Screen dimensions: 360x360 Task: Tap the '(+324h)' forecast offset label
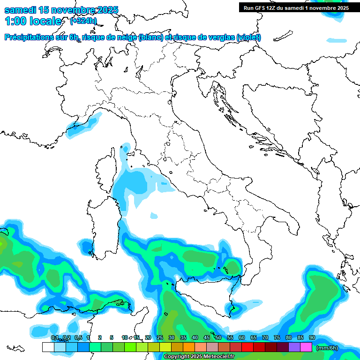click(x=83, y=21)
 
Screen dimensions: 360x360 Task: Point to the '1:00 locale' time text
click(x=33, y=21)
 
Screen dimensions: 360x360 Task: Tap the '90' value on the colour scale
click(x=312, y=338)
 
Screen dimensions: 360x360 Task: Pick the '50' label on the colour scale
click(x=218, y=338)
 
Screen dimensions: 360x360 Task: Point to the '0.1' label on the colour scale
click(x=54, y=338)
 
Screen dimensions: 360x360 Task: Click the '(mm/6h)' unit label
click(x=327, y=347)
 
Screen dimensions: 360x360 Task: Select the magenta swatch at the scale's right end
click(x=306, y=347)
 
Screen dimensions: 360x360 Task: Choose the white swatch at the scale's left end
click(x=48, y=347)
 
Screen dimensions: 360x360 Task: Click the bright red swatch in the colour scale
click(x=247, y=347)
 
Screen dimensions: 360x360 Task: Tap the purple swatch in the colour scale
click(x=294, y=347)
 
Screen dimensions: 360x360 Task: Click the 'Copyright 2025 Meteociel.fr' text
click(x=199, y=357)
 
